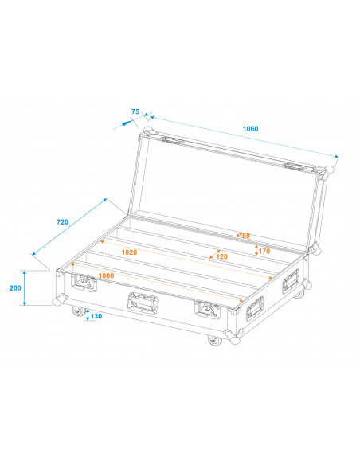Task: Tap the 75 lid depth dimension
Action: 135,111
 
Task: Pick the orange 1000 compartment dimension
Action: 106,275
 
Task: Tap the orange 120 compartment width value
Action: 221,256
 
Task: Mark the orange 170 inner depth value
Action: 265,250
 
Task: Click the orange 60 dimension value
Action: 246,235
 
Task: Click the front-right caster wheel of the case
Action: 213,341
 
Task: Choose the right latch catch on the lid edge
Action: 294,167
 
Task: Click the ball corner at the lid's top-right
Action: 327,171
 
